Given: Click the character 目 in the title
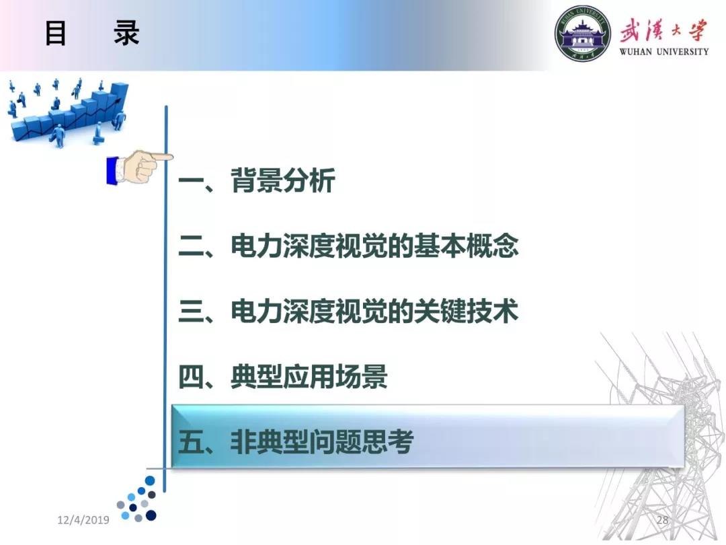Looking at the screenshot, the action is pyautogui.click(x=56, y=33).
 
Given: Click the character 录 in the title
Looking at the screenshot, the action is pyautogui.click(x=126, y=33).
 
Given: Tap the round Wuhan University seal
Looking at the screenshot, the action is pyautogui.click(x=582, y=33).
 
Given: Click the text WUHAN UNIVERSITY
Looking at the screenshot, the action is pyautogui.click(x=664, y=51).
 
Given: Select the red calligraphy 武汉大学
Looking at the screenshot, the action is pyautogui.click(x=664, y=30).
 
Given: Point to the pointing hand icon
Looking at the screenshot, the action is pyautogui.click(x=140, y=166).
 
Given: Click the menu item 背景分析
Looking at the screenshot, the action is pyautogui.click(x=283, y=180).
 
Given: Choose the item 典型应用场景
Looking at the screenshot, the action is pyautogui.click(x=309, y=376).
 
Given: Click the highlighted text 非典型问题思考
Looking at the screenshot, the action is pyautogui.click(x=322, y=441).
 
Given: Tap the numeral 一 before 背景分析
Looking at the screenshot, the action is pyautogui.click(x=192, y=181).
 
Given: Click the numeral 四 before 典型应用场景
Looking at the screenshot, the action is pyautogui.click(x=192, y=377).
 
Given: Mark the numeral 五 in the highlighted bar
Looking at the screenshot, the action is pyautogui.click(x=192, y=441).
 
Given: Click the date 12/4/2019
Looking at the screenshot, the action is pyautogui.click(x=83, y=520).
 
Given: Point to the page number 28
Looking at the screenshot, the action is pyautogui.click(x=663, y=519).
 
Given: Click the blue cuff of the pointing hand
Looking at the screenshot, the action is pyautogui.click(x=112, y=171).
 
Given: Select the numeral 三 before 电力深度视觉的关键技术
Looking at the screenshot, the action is pyautogui.click(x=192, y=311).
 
